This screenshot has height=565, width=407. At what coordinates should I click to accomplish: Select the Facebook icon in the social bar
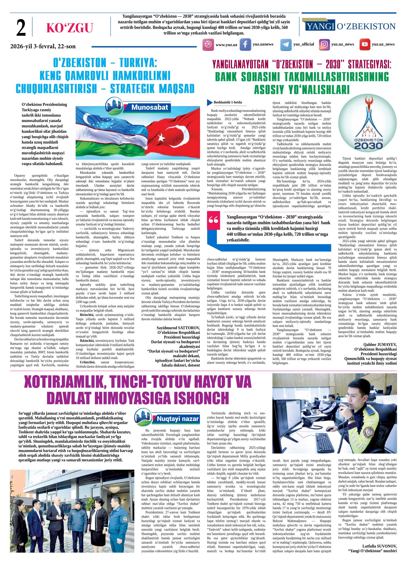(x=245, y=45)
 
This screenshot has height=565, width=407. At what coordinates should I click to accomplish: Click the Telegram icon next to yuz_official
(x=286, y=45)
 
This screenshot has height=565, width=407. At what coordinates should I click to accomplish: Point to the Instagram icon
(x=325, y=45)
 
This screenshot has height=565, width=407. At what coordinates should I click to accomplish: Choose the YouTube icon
(x=365, y=45)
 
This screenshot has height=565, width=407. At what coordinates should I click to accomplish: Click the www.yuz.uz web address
(x=226, y=45)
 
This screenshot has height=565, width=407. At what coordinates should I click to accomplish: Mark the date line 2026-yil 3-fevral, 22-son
(x=43, y=46)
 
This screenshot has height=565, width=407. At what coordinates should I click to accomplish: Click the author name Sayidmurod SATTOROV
(x=178, y=328)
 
